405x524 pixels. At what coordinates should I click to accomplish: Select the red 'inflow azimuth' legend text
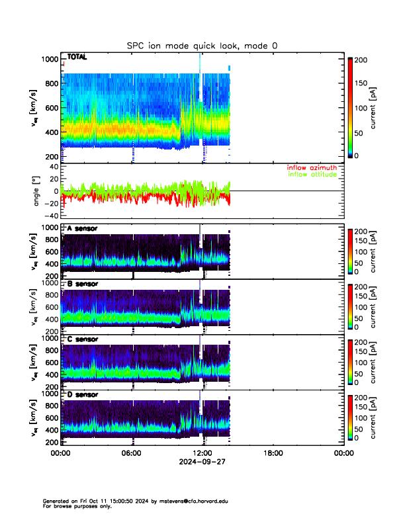tap(312, 167)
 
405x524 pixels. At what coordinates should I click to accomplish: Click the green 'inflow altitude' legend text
tap(312, 174)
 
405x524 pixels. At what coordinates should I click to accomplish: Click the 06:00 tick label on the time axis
tap(131, 454)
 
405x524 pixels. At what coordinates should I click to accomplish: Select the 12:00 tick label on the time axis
tap(202, 454)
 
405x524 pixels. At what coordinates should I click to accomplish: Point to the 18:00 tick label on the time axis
tap(273, 454)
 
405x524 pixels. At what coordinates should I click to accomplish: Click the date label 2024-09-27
tap(202, 463)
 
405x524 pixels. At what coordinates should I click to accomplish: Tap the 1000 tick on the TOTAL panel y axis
tap(49, 60)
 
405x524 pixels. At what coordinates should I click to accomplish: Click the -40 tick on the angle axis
tap(50, 216)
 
